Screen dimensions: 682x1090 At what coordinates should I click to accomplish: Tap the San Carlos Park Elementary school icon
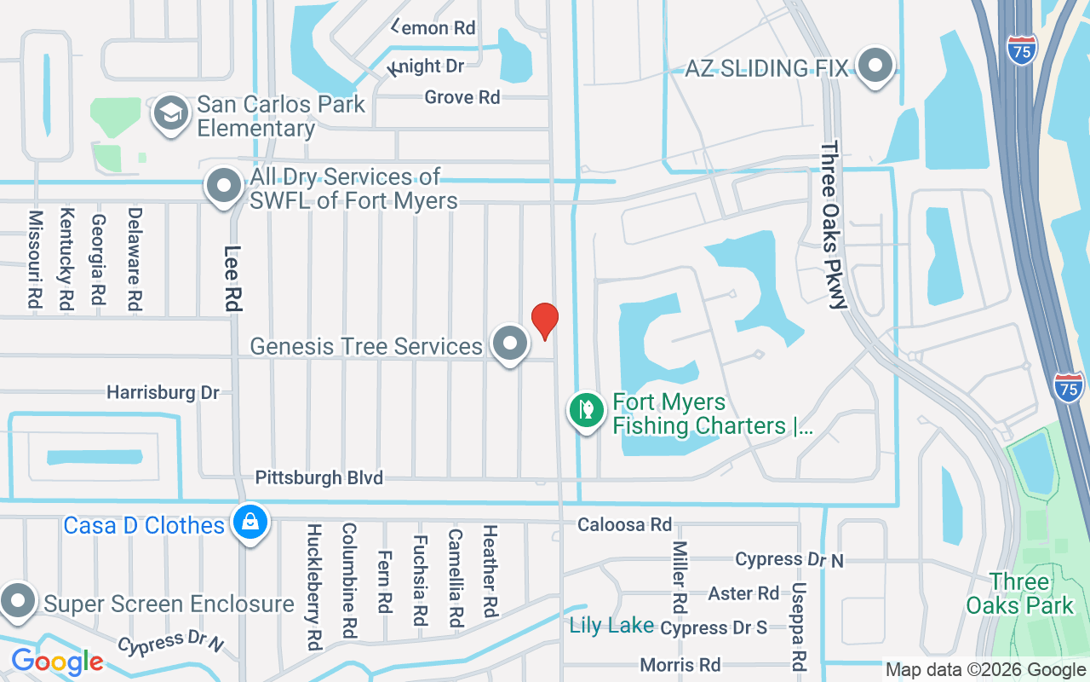(171, 114)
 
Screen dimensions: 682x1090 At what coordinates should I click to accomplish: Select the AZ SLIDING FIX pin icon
(874, 66)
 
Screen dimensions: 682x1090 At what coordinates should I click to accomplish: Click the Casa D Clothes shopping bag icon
(250, 523)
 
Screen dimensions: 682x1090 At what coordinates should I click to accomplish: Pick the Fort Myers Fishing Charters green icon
(586, 411)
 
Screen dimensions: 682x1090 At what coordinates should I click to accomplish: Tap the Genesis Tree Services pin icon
(510, 344)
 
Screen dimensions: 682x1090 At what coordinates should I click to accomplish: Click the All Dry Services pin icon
(225, 186)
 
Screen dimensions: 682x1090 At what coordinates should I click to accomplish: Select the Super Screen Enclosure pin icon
(17, 602)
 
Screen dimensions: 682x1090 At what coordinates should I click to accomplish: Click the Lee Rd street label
(232, 277)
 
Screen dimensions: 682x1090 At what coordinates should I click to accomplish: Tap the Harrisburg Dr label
(163, 393)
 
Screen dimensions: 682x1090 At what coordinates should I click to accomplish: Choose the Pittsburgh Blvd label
(319, 477)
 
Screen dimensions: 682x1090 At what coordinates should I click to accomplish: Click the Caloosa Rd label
(624, 524)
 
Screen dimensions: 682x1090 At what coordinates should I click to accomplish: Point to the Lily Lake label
(611, 627)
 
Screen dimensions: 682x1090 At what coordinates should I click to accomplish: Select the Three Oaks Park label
(1019, 594)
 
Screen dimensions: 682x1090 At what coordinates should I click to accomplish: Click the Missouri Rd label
(35, 259)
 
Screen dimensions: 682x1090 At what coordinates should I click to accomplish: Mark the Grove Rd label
(462, 97)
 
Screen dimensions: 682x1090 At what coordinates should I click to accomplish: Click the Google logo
(57, 662)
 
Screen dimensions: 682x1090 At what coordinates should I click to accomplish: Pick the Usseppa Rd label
(798, 627)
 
